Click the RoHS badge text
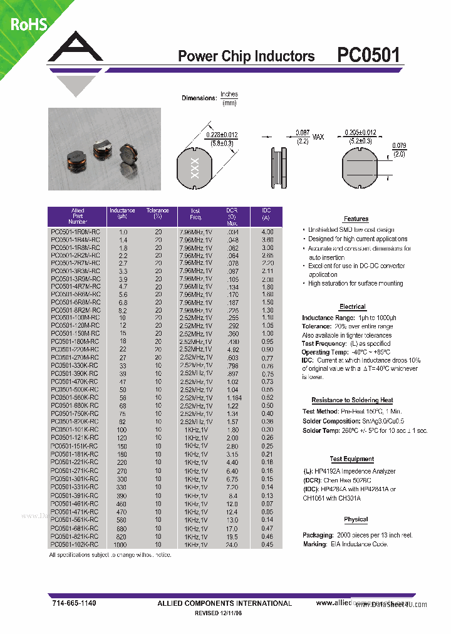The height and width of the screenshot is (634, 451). [28, 24]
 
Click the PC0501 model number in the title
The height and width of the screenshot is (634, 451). [368, 56]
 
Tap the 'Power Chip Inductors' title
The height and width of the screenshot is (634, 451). [246, 56]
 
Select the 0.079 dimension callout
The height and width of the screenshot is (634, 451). [399, 150]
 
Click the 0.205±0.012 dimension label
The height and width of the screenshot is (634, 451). [360, 133]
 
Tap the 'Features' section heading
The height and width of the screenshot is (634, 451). [356, 219]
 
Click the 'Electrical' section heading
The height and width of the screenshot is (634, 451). [352, 307]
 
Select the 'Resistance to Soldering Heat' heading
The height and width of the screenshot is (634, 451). [352, 400]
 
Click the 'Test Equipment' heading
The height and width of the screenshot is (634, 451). [351, 459]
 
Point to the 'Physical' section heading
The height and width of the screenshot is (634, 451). [355, 519]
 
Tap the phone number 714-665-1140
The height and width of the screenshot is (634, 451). [75, 603]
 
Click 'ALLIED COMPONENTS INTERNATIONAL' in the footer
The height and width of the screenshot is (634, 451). [224, 603]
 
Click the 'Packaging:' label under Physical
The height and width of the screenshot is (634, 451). [318, 536]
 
